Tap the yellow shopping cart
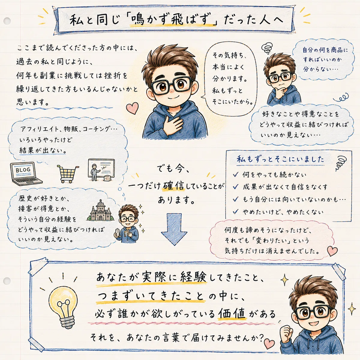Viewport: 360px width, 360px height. (67, 174)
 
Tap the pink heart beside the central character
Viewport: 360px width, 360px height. (132, 108)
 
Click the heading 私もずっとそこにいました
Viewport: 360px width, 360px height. (280, 159)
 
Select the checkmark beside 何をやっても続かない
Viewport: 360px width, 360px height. (235, 175)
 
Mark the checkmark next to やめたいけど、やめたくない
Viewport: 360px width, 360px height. (235, 211)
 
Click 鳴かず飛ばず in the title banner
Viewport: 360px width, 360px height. (173, 20)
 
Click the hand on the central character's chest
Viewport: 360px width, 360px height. (173, 123)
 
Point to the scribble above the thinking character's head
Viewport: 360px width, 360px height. (267, 48)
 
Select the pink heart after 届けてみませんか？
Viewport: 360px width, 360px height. (269, 343)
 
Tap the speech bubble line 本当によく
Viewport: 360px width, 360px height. (228, 67)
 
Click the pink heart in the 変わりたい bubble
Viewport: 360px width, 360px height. (332, 251)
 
